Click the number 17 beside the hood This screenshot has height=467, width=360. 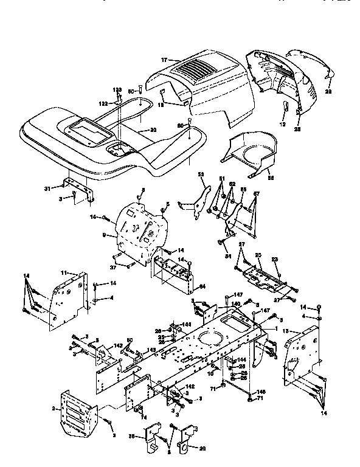(x=164, y=60)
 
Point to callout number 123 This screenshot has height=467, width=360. (x=117, y=90)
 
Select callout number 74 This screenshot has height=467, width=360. (x=144, y=417)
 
